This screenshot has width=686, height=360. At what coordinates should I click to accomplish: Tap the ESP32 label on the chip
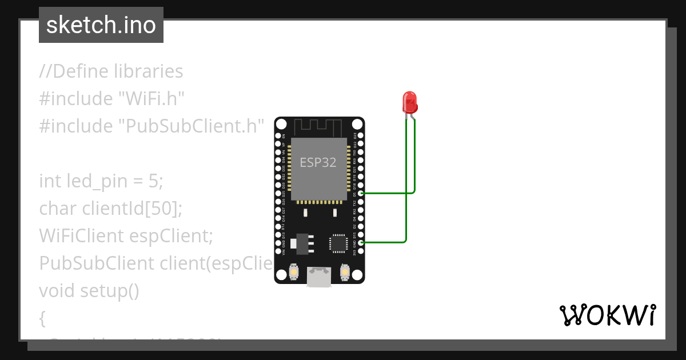[318, 162]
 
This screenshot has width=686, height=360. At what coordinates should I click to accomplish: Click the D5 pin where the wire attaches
[360, 194]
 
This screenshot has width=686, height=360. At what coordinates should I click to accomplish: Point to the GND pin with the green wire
[360, 243]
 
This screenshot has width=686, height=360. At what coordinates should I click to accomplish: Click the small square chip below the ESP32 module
[337, 243]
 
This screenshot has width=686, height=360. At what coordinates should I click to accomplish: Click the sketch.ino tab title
[101, 25]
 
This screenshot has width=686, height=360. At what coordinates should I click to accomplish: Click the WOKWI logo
[607, 315]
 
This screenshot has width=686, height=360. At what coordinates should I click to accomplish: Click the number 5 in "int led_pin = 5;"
[153, 181]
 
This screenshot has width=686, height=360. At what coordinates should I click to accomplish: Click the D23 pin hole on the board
[360, 135]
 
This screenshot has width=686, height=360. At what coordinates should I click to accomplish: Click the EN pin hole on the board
[278, 135]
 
